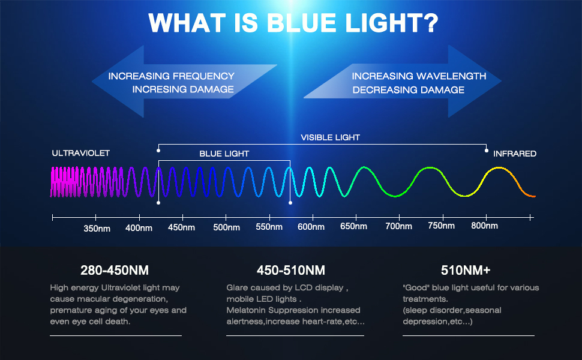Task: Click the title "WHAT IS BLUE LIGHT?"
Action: [293, 23]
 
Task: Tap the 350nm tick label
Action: [96, 228]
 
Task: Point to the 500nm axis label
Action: [226, 227]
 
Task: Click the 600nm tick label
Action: [311, 227]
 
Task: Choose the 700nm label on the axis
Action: [398, 227]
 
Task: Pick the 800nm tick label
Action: [484, 226]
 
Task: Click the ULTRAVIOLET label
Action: [81, 154]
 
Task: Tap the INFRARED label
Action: [514, 154]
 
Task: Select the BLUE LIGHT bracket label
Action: [224, 154]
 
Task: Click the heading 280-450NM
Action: [115, 270]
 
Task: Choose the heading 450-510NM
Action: [290, 270]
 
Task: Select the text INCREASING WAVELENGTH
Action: [419, 76]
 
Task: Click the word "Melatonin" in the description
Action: [247, 310]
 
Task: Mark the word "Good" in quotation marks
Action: [416, 288]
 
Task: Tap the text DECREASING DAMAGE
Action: [408, 90]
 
